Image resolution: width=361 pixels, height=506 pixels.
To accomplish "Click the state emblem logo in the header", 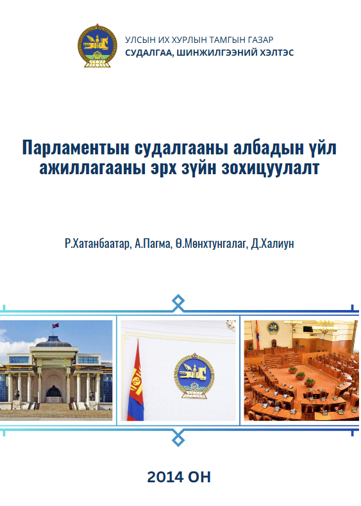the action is (97, 45).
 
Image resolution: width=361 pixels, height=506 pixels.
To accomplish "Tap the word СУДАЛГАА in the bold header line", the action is (147, 53).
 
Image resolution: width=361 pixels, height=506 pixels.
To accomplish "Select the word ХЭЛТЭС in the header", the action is (277, 53).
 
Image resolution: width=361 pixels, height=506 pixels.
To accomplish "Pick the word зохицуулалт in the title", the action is (271, 168).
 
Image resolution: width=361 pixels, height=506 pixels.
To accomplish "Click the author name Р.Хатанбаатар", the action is (97, 243).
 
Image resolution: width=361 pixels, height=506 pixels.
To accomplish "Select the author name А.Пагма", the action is (153, 243).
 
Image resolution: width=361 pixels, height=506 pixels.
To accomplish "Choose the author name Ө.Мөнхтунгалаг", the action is (211, 243).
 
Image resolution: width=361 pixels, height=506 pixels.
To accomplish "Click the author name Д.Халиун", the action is (273, 243).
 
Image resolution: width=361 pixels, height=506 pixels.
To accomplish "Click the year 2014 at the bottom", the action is (166, 477).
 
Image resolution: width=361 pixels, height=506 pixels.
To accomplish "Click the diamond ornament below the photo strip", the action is (178, 438).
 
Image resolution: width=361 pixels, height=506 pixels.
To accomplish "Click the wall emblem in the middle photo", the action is (194, 376).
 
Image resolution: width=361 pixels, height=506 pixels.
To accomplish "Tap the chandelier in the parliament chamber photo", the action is (324, 327).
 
